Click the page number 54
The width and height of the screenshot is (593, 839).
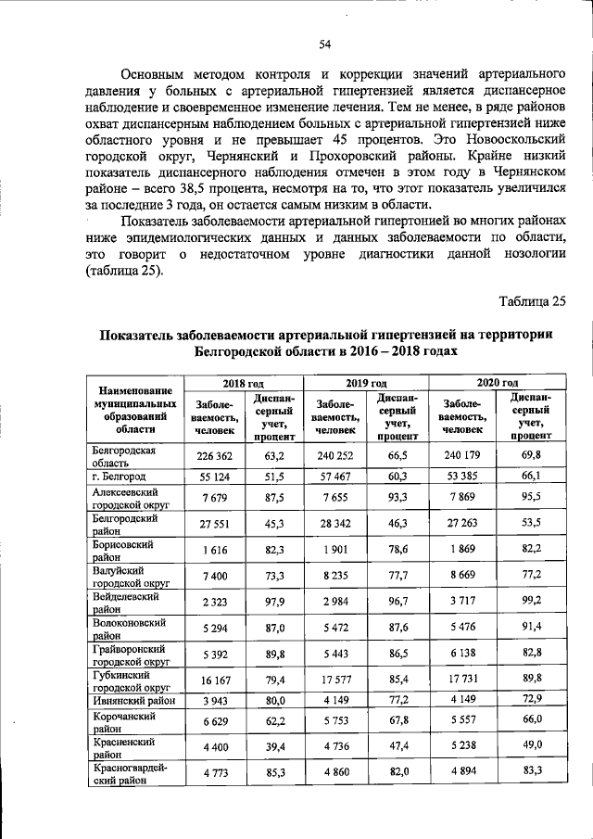(x=299, y=44)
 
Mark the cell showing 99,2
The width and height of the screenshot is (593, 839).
(x=526, y=601)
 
